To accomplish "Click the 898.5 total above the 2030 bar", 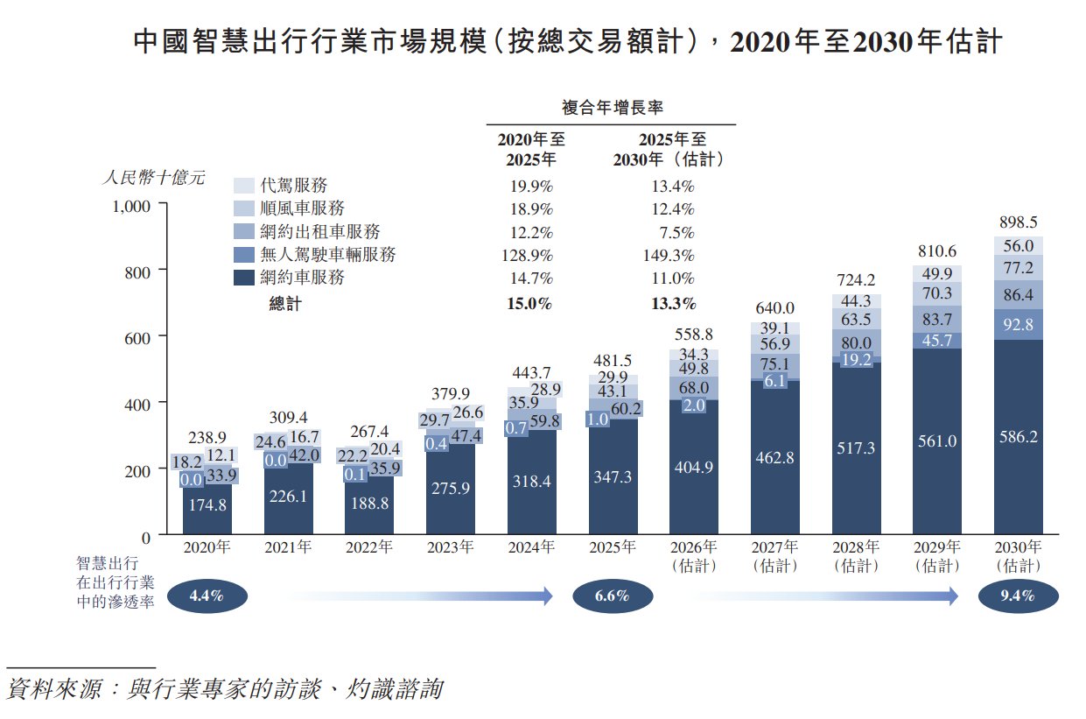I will [1018, 222].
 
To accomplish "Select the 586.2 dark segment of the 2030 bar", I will [1018, 436].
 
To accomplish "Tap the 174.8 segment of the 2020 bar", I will [207, 504].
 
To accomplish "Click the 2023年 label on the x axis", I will [451, 547].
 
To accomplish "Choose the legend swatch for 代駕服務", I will [243, 186].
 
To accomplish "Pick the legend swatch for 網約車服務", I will [243, 278].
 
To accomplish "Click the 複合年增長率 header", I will [612, 108].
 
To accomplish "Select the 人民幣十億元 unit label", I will [154, 177].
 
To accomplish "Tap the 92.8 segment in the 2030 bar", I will [1018, 324].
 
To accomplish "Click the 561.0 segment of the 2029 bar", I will [937, 441].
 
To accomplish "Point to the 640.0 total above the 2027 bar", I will [774, 308].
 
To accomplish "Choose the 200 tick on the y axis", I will [139, 469].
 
